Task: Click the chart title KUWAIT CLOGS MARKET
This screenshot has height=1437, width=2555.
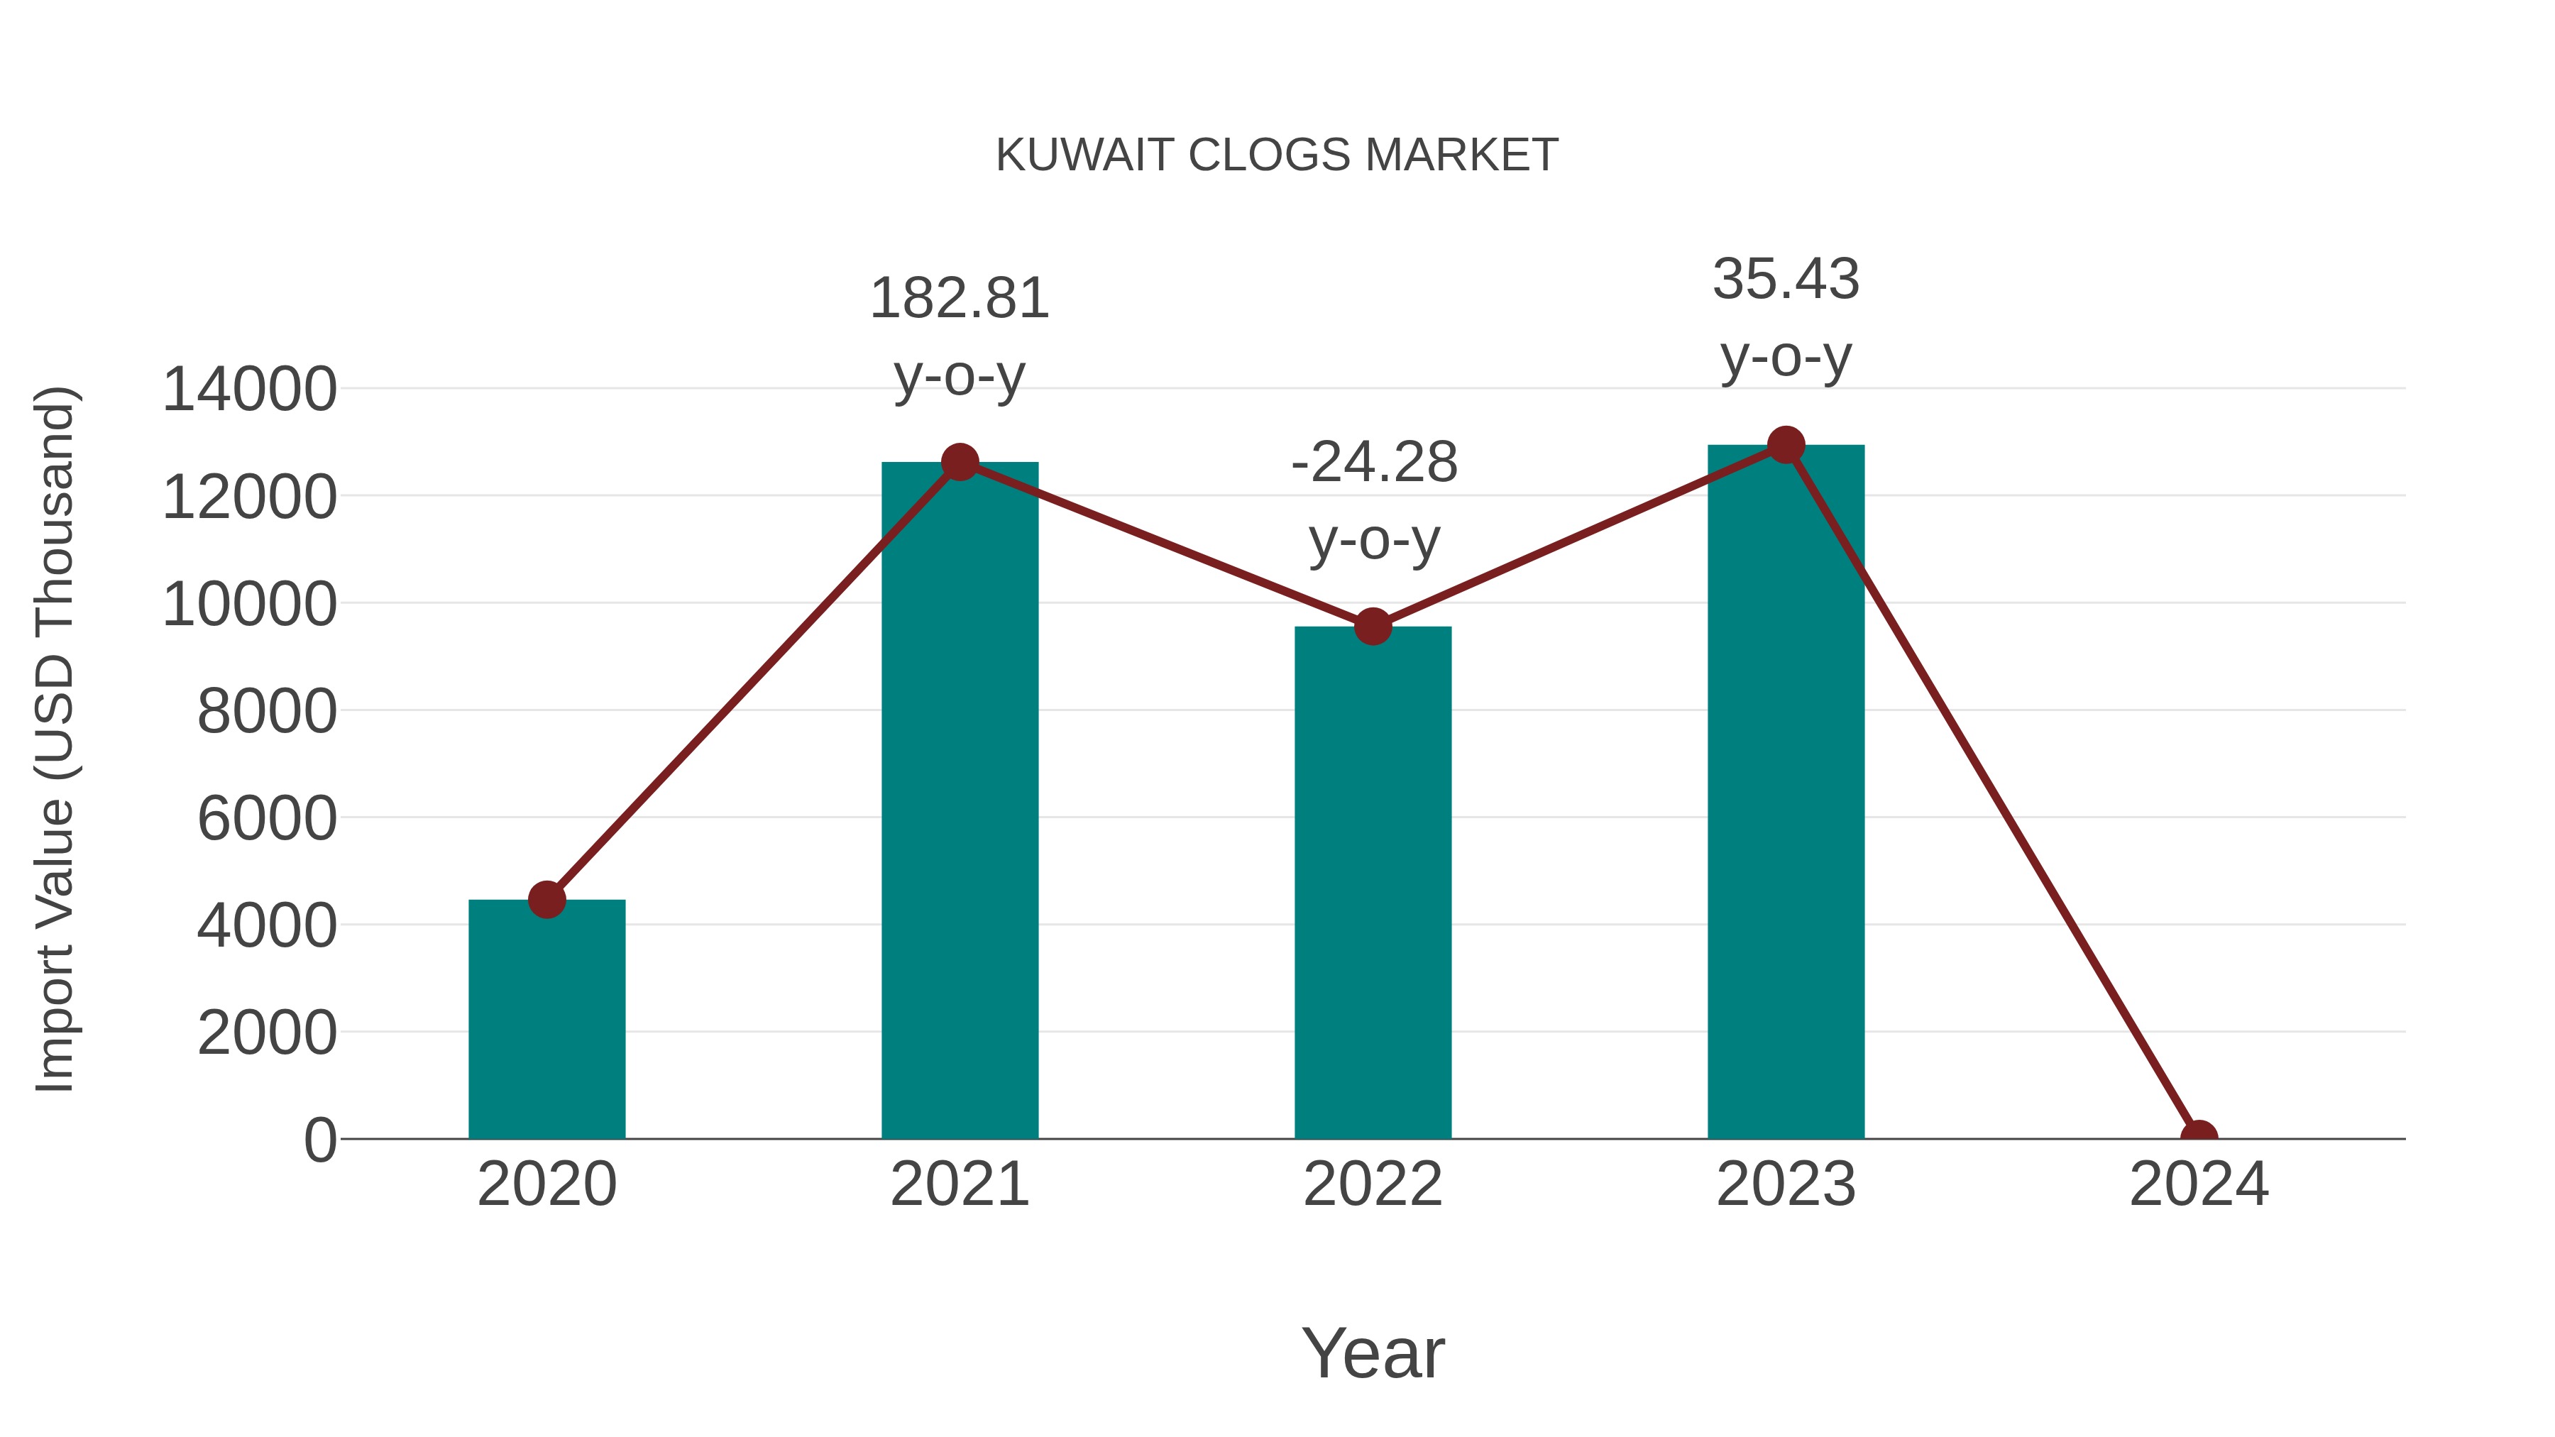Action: [1277, 155]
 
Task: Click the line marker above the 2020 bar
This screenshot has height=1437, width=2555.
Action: [546, 900]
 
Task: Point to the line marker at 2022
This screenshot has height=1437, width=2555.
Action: [1372, 627]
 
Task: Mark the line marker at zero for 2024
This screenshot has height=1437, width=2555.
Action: [2198, 1137]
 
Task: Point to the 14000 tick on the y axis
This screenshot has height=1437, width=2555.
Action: [249, 389]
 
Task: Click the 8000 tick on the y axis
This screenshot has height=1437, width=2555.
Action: [267, 711]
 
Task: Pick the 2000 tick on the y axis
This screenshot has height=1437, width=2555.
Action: [267, 1033]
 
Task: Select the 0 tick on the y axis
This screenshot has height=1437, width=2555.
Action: [319, 1140]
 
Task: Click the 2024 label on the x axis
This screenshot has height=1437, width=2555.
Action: [2198, 1184]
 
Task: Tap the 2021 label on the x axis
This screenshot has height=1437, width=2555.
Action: [959, 1184]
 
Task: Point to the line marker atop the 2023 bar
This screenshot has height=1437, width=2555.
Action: [1786, 445]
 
